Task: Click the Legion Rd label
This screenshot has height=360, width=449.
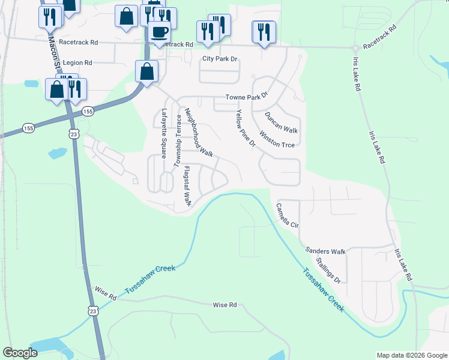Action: (x=77, y=62)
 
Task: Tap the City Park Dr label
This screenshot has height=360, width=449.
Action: (x=220, y=59)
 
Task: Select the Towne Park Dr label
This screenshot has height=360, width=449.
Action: (x=246, y=97)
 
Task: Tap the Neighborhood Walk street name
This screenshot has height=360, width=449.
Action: (x=199, y=133)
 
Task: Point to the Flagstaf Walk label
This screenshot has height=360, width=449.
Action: (x=187, y=187)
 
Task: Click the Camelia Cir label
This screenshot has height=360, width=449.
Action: (x=287, y=215)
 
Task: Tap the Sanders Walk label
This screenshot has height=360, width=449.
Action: (x=326, y=251)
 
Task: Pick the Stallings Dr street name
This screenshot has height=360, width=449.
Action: (x=328, y=271)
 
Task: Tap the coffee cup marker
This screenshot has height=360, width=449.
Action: (x=159, y=32)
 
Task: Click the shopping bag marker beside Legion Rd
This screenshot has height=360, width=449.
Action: (x=147, y=71)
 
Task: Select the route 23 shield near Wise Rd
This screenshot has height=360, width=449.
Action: (x=92, y=310)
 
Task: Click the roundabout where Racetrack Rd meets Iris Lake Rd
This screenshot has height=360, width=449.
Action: (x=355, y=47)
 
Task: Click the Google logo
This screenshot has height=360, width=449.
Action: (x=20, y=353)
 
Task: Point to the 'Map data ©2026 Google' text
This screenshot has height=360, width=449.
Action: (x=411, y=355)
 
